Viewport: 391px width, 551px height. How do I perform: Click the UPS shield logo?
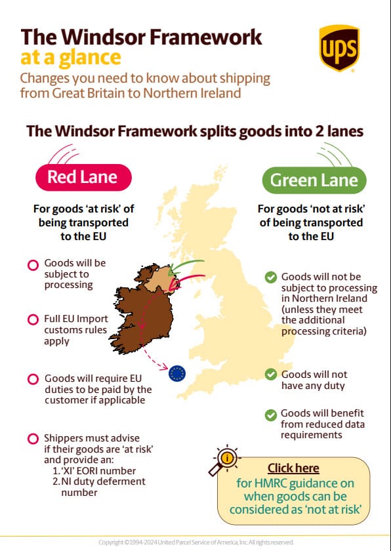(x=339, y=48)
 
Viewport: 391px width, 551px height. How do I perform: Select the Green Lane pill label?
(x=314, y=180)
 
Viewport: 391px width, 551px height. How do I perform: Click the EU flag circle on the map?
(x=177, y=373)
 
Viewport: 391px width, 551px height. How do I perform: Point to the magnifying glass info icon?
(x=226, y=461)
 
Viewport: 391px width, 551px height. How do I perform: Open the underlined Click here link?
(x=293, y=468)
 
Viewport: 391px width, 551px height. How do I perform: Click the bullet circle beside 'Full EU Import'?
(x=32, y=319)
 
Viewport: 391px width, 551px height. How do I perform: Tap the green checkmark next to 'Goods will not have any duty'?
(x=270, y=375)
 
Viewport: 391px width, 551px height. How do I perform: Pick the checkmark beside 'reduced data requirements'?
(x=270, y=415)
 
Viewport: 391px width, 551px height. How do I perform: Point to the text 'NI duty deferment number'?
(x=98, y=487)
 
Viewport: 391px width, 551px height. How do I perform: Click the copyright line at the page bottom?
(x=195, y=542)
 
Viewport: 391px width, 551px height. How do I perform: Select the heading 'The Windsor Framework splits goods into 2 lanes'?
(x=195, y=131)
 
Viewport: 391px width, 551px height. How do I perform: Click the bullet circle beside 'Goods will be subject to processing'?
(x=32, y=266)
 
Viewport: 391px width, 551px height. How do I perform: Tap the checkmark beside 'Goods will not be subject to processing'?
(x=270, y=277)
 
